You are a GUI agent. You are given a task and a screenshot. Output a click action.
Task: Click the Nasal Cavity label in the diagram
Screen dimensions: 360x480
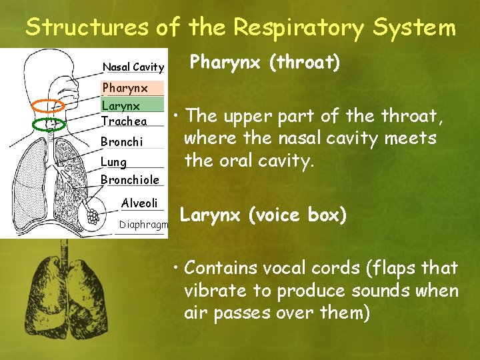click(133, 67)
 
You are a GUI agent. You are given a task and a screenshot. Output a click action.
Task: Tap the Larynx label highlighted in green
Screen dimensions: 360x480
click(121, 105)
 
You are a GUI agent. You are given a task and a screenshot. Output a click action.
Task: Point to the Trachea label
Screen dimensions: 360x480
click(123, 121)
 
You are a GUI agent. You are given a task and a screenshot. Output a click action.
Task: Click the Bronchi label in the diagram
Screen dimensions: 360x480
click(121, 142)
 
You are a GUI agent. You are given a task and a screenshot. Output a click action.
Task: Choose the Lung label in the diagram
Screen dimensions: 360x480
click(113, 162)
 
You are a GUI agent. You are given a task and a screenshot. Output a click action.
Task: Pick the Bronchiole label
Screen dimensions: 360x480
click(129, 179)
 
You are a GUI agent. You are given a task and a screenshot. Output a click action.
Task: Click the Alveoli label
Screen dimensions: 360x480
click(139, 203)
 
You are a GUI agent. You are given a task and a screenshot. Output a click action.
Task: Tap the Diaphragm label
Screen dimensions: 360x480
click(143, 225)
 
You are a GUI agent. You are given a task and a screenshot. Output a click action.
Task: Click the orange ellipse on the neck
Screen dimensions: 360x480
click(49, 105)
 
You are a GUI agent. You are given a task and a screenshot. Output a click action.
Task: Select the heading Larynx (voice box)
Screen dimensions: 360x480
click(263, 216)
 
